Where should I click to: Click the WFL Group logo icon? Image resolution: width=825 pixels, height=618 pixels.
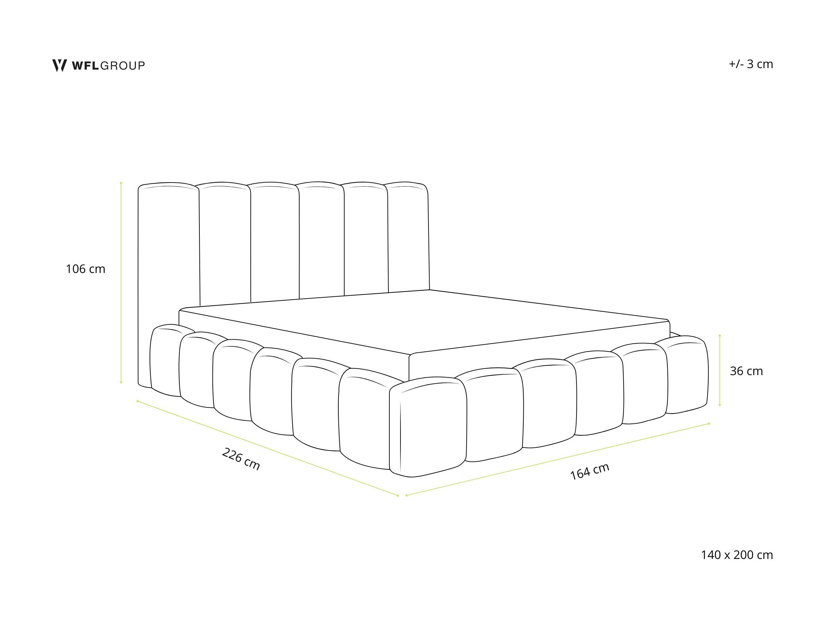click(x=59, y=65)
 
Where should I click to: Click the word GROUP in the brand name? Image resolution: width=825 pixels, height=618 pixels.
click(x=123, y=65)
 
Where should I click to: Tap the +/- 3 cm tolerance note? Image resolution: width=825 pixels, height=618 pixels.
click(x=751, y=64)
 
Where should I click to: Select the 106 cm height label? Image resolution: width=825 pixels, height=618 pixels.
click(x=86, y=269)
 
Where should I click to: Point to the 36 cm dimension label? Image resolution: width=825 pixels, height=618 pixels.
click(x=746, y=371)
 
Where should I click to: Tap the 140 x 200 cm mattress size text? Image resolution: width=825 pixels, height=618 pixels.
click(x=737, y=555)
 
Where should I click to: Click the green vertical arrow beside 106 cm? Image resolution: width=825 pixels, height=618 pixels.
click(x=121, y=282)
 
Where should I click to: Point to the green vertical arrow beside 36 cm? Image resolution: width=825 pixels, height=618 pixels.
click(x=720, y=370)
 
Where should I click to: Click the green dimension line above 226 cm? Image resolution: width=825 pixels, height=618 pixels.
click(x=268, y=448)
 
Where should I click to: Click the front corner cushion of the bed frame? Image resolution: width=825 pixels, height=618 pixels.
click(x=428, y=427)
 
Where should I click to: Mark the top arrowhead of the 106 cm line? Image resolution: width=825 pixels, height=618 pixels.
click(x=121, y=183)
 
